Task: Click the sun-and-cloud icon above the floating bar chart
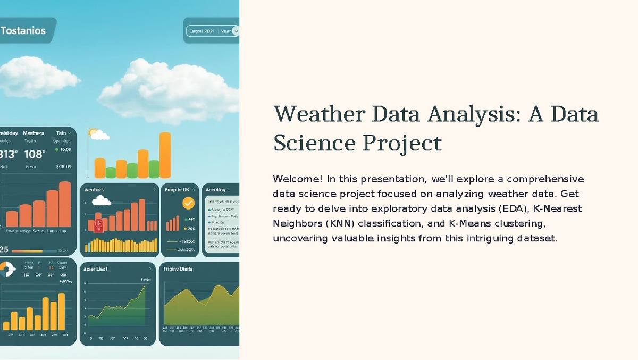(98, 134)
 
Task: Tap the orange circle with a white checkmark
(188, 203)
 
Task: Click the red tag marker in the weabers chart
(98, 225)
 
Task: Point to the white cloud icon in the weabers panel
(101, 201)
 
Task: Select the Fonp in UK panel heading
(177, 189)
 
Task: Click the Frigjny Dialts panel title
(178, 269)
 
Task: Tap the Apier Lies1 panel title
(96, 269)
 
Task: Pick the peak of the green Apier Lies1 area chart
(144, 287)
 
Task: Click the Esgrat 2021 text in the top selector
(202, 31)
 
